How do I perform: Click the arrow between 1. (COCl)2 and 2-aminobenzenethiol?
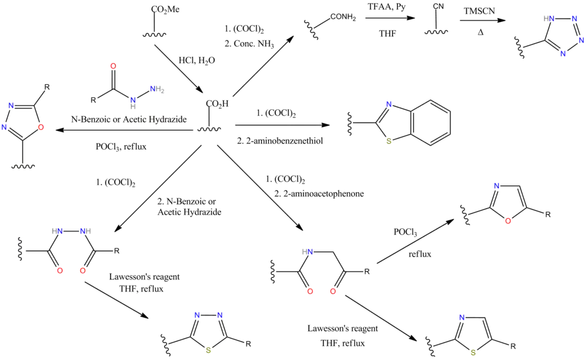(x=283, y=126)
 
